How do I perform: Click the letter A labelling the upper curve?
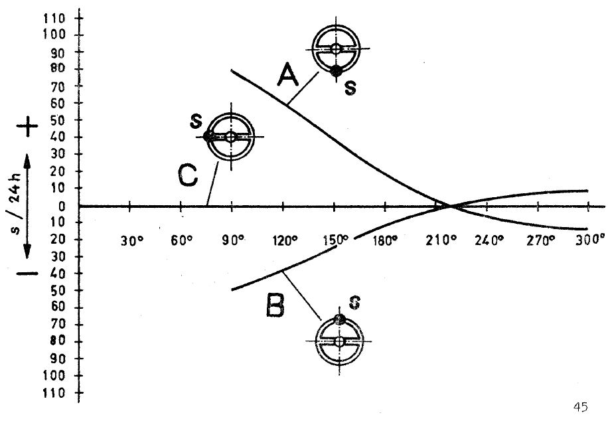pyautogui.click(x=288, y=75)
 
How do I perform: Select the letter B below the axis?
pyautogui.click(x=275, y=305)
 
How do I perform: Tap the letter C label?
pyautogui.click(x=188, y=175)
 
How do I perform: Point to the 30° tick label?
pyautogui.click(x=132, y=241)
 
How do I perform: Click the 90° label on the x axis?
pyautogui.click(x=233, y=241)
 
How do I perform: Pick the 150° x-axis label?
pyautogui.click(x=336, y=240)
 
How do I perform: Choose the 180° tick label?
pyautogui.click(x=386, y=241)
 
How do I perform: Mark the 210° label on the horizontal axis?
pyautogui.click(x=439, y=240)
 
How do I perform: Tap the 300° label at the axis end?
pyautogui.click(x=590, y=240)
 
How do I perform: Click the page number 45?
pyautogui.click(x=580, y=407)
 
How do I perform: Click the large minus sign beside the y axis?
pyautogui.click(x=27, y=274)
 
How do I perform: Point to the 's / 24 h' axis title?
pyautogui.click(x=15, y=206)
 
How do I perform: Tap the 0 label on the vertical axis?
pyautogui.click(x=62, y=206)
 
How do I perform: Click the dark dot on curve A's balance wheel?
pyautogui.click(x=336, y=71)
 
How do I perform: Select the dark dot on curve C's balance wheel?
pyautogui.click(x=208, y=136)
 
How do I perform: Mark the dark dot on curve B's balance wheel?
pyautogui.click(x=340, y=319)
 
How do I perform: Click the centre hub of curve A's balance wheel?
pyautogui.click(x=336, y=49)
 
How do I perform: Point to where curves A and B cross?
pyautogui.click(x=451, y=206)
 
